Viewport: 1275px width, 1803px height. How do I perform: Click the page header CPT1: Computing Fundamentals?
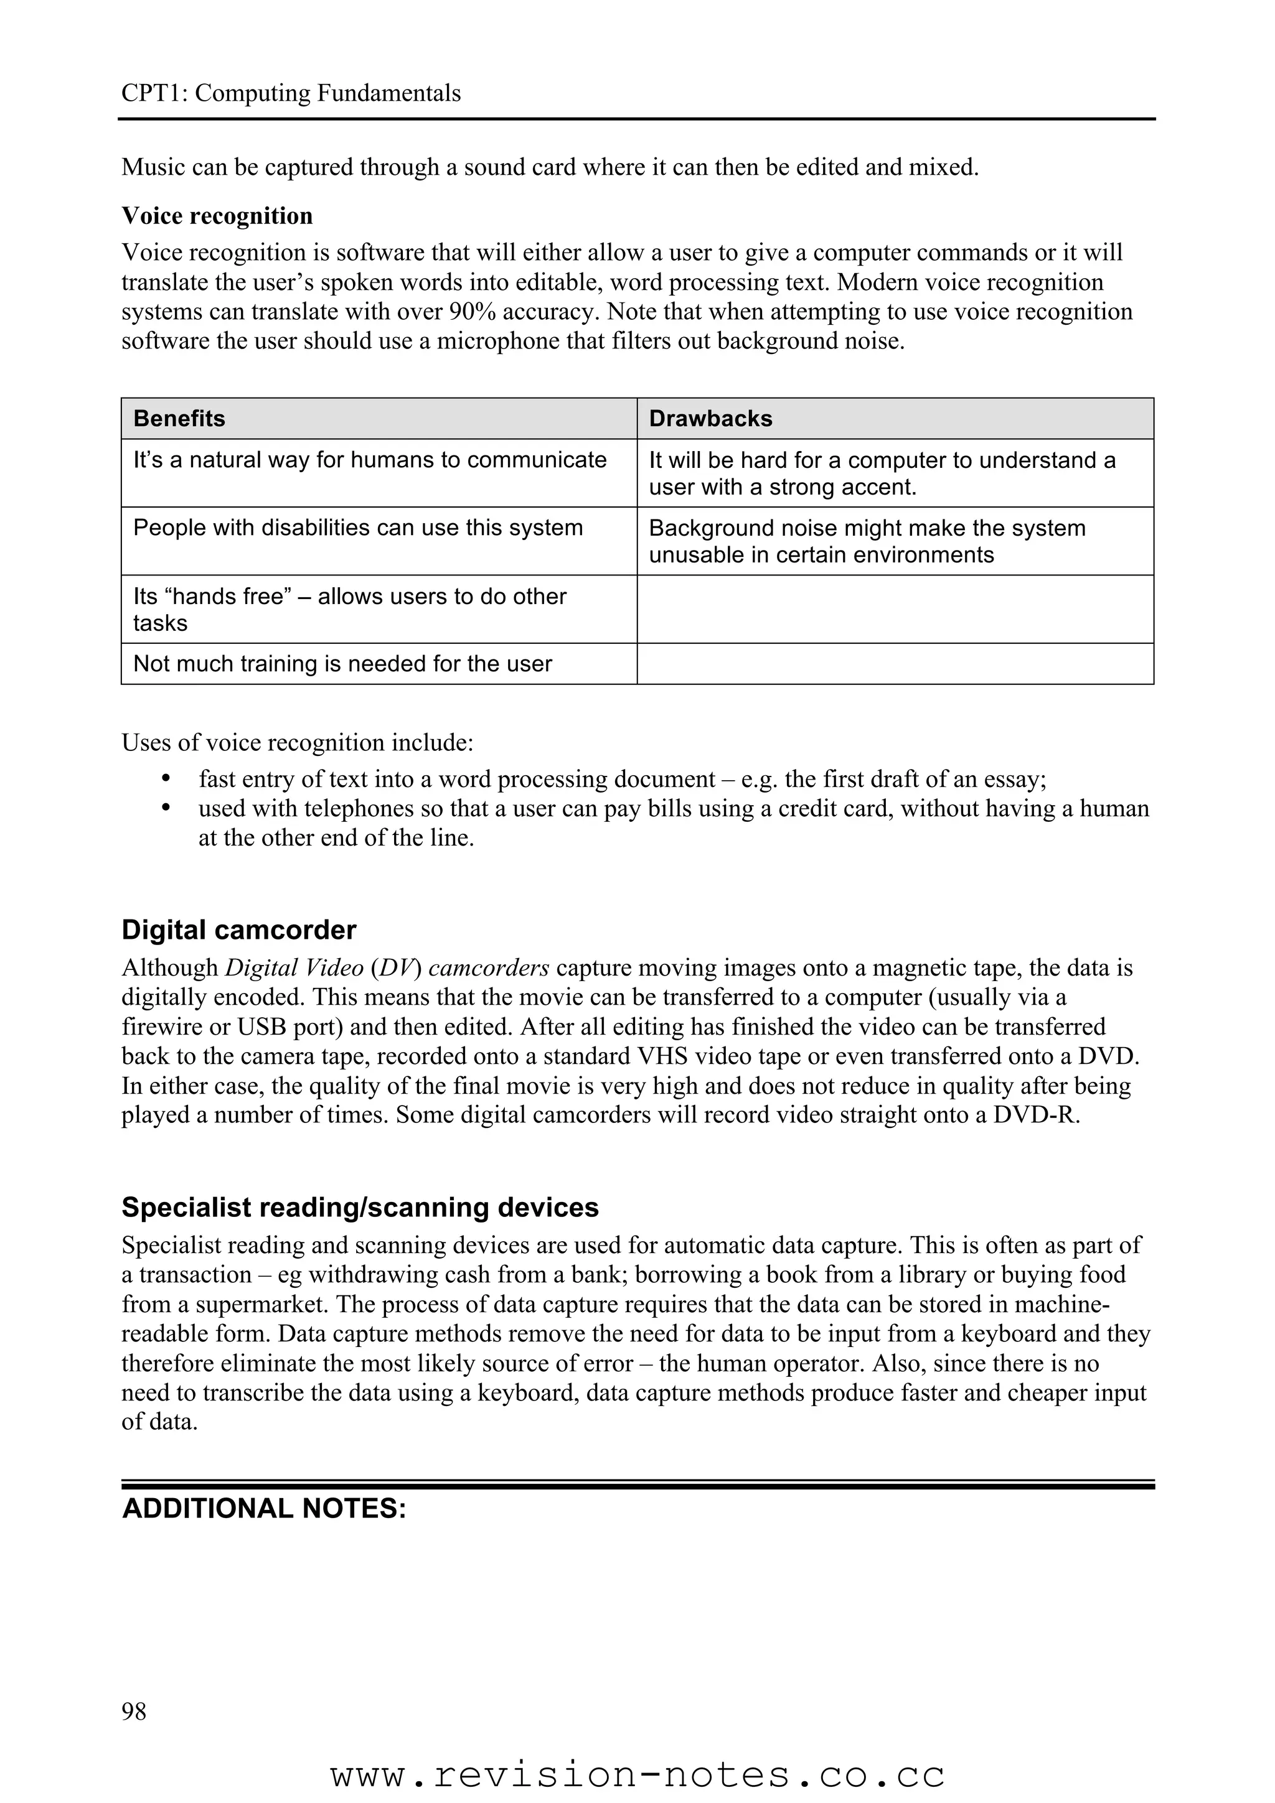(x=291, y=93)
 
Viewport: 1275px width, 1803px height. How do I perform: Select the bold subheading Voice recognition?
(x=217, y=216)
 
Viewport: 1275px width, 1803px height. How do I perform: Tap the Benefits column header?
(x=179, y=419)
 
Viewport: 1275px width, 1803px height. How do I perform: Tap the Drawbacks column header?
(x=710, y=419)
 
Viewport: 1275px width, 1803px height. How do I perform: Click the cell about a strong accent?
(x=882, y=473)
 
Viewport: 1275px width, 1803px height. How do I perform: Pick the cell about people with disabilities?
(x=357, y=528)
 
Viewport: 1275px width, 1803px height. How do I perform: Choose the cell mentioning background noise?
(x=867, y=541)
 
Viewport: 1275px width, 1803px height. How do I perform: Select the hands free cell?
(x=350, y=609)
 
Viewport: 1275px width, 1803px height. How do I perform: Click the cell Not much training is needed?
(x=342, y=664)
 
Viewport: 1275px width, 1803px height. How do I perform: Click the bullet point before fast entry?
(x=165, y=779)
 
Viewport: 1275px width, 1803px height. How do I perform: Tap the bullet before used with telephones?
(x=165, y=808)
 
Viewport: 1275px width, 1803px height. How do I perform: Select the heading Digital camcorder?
(x=239, y=929)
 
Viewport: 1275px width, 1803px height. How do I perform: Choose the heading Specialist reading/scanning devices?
(x=360, y=1208)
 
